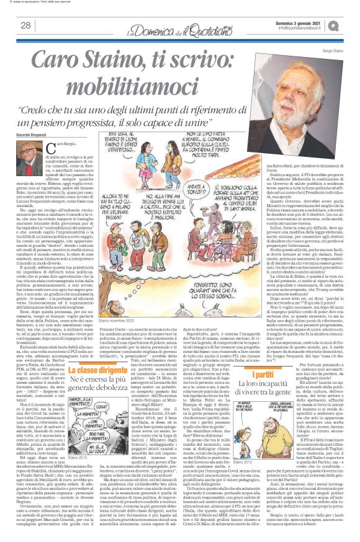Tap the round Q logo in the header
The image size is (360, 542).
pos(351,24)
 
